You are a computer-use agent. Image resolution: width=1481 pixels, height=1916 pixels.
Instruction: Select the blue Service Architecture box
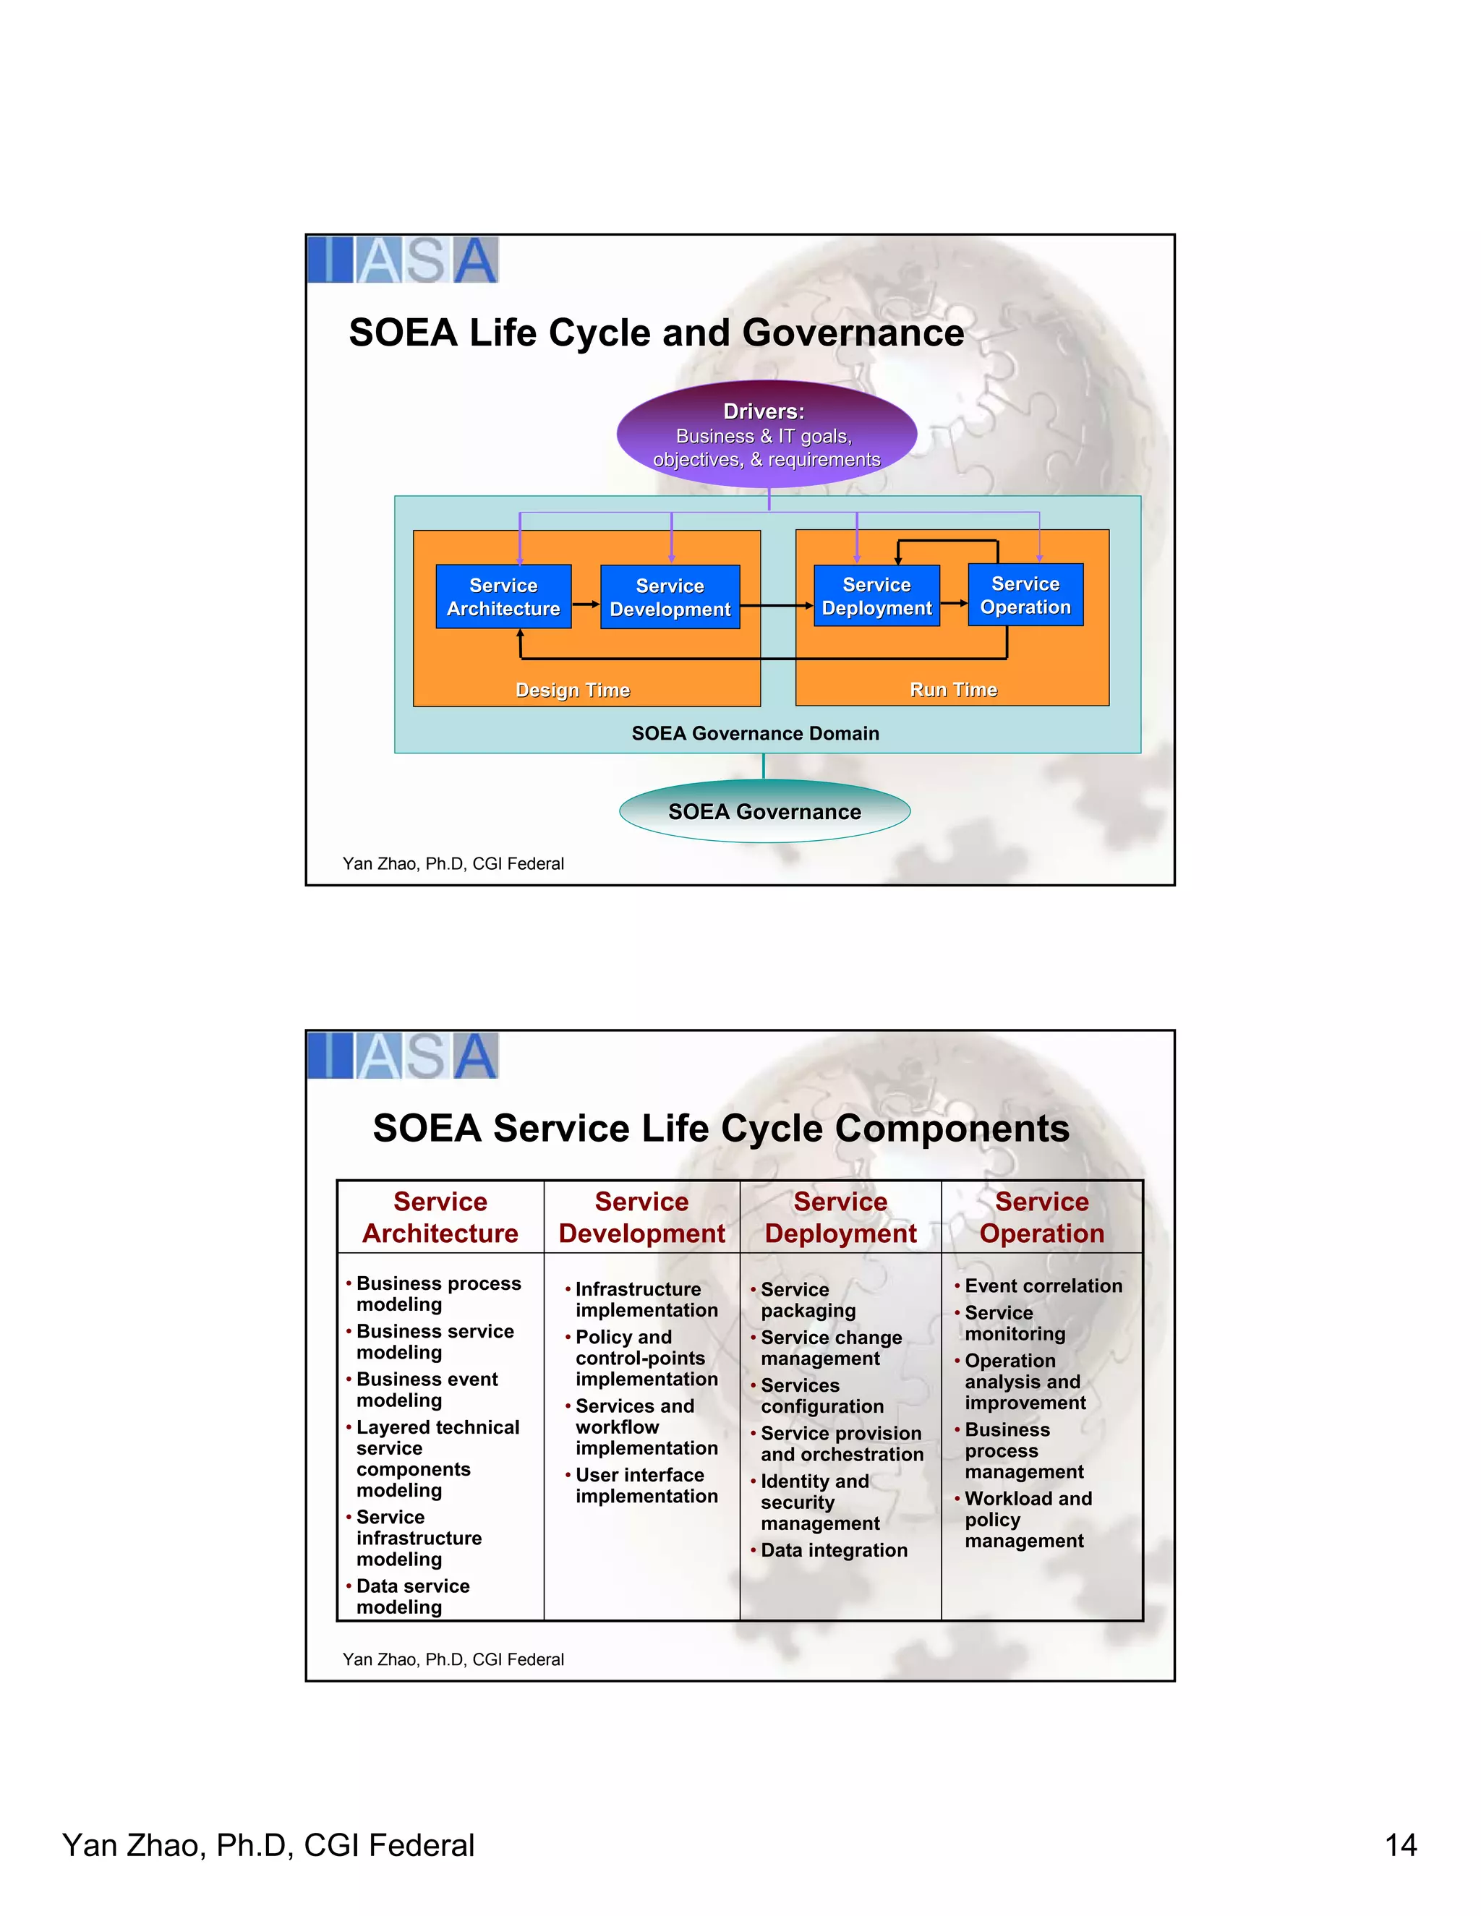point(503,596)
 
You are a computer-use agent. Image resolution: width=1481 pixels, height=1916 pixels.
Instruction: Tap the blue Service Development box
point(670,597)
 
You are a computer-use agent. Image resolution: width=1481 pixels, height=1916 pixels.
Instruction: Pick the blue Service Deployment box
point(876,596)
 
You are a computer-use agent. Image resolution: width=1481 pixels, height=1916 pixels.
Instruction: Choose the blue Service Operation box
point(1025,595)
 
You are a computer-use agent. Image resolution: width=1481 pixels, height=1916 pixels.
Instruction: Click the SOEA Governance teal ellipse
point(764,811)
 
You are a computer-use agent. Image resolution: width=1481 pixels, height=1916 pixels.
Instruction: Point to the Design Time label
point(572,690)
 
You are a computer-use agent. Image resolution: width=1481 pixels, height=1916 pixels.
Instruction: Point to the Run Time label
point(953,690)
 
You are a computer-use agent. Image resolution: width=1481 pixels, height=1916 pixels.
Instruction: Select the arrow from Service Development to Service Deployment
point(777,605)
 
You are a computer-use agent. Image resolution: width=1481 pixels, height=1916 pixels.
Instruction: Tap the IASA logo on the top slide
point(403,260)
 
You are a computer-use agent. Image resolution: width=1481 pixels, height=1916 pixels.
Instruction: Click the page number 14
point(1400,1845)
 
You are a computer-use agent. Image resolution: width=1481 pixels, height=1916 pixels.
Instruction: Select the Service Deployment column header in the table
point(840,1218)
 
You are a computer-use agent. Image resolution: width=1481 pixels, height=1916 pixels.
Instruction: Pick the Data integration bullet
point(834,1550)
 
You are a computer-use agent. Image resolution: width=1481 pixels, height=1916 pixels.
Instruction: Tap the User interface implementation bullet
point(646,1485)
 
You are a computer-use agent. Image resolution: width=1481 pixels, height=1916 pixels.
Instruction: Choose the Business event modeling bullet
point(427,1390)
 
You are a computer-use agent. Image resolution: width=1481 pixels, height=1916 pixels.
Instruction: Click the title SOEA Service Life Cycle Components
point(720,1128)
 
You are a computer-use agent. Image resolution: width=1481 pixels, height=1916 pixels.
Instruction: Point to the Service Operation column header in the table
point(1041,1218)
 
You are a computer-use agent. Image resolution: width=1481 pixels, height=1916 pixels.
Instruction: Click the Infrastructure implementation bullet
point(646,1299)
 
